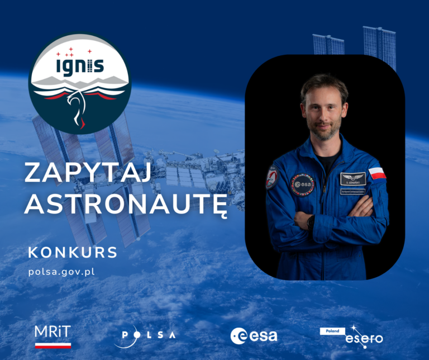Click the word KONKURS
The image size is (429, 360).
pyautogui.click(x=73, y=253)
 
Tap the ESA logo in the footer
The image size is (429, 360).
pyautogui.click(x=254, y=335)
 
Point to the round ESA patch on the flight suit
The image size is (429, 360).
pyautogui.click(x=303, y=184)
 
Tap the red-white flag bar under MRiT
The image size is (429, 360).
pyautogui.click(x=53, y=345)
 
